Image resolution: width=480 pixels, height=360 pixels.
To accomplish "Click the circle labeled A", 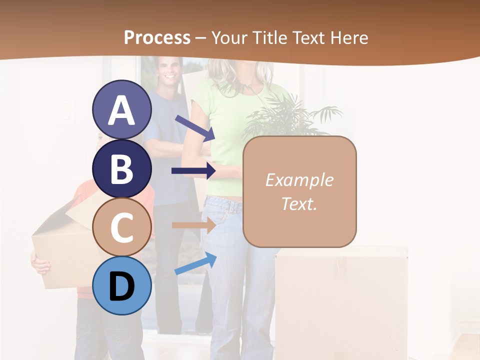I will (x=122, y=109).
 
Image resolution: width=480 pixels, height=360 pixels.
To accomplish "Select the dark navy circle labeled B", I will (x=122, y=168).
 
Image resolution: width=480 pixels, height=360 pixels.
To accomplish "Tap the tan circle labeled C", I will (x=122, y=227).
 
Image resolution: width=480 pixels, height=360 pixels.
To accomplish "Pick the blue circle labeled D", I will (x=122, y=286).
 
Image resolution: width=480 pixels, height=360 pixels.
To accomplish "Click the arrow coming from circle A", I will (x=195, y=127).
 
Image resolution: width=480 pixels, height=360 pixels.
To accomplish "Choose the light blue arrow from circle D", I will (x=195, y=263).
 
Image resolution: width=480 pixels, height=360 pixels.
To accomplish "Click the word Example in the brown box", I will (x=299, y=180).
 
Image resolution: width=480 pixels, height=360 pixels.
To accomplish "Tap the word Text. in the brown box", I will (x=299, y=204).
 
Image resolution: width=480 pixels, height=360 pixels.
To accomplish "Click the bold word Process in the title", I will (x=157, y=37).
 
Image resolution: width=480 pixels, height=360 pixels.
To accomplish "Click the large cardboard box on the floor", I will (x=340, y=300).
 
